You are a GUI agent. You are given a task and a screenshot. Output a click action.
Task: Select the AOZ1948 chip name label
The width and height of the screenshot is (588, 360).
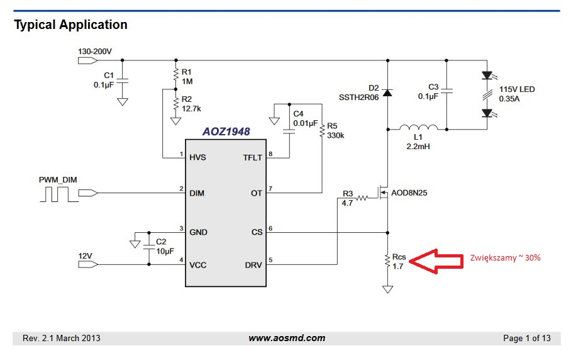coord(226,132)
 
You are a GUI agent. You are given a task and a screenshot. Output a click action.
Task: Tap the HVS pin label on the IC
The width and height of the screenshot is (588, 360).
coord(197,157)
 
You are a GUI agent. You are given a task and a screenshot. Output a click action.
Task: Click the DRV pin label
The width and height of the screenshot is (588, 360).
coord(253,265)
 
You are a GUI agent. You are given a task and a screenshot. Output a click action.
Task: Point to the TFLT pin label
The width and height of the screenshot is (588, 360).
coord(252,158)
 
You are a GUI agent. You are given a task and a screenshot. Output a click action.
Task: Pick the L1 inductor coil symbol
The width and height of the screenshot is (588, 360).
coord(418,127)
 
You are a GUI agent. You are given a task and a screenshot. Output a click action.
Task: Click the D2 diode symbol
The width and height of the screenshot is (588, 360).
coord(387,93)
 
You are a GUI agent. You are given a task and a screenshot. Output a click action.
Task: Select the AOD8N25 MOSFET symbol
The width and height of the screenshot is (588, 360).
coord(382,193)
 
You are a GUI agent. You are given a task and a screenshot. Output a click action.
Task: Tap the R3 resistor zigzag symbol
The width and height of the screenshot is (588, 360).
coord(362,198)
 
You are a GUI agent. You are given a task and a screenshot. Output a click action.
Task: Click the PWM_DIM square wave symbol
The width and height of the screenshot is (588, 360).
coord(59,194)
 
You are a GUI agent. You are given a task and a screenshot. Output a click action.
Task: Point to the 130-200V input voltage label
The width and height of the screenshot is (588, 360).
coord(95,52)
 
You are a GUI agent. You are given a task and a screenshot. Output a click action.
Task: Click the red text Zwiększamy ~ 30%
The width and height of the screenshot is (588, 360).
coord(505,258)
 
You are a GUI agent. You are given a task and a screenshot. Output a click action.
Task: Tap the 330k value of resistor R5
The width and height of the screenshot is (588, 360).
coord(336,135)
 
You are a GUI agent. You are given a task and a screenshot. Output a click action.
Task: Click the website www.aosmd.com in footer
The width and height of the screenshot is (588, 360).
coord(287,338)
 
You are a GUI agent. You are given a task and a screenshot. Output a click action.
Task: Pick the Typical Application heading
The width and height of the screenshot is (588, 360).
coord(71,25)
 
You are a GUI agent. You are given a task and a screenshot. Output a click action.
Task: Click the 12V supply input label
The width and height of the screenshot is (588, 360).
coord(85,256)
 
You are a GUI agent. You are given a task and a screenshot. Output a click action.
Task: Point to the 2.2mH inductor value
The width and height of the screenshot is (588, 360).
coord(418,147)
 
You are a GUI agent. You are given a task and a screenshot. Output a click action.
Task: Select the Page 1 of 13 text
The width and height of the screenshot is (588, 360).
coord(527,338)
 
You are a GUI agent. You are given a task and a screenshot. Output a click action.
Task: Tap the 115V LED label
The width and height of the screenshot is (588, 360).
coord(517,89)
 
